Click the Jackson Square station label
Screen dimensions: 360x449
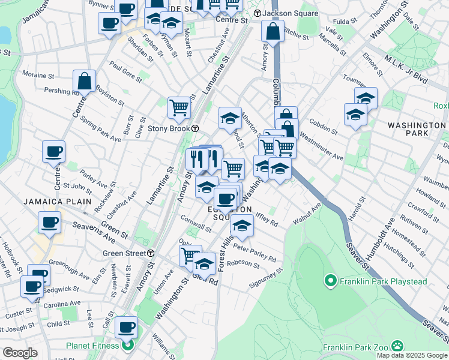(x=280, y=13)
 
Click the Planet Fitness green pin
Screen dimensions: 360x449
(x=127, y=346)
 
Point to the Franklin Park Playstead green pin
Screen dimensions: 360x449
(x=330, y=280)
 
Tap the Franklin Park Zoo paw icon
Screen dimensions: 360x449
(x=397, y=346)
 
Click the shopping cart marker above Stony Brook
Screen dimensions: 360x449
(x=179, y=108)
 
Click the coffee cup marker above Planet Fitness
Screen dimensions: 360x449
(x=126, y=328)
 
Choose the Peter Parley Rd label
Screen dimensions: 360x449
(x=255, y=253)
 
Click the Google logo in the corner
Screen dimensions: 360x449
(x=20, y=352)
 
